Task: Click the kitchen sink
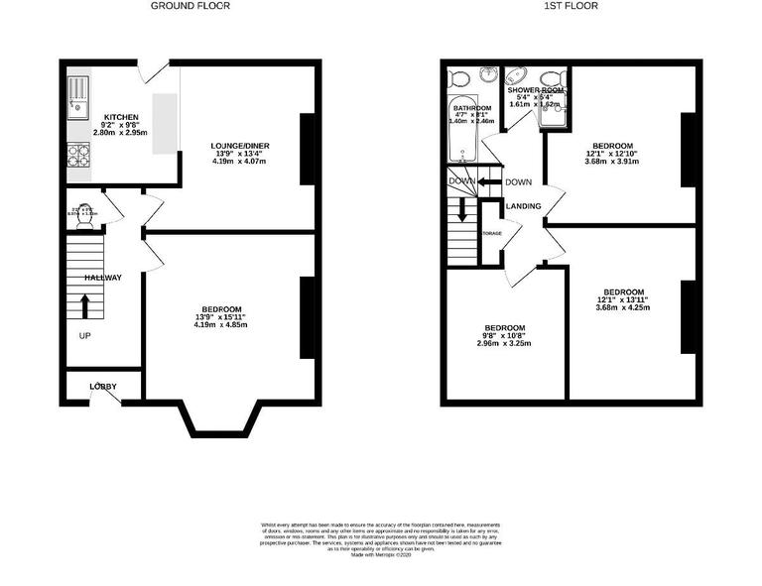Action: pos(77,93)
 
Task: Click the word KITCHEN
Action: pos(106,116)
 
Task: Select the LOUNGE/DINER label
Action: pos(240,146)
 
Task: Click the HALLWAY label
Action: pos(102,278)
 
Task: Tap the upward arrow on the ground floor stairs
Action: pos(84,303)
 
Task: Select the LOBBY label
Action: pos(103,387)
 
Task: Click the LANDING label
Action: pos(523,206)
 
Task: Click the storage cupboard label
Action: pos(491,233)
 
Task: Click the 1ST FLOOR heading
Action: pos(571,6)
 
